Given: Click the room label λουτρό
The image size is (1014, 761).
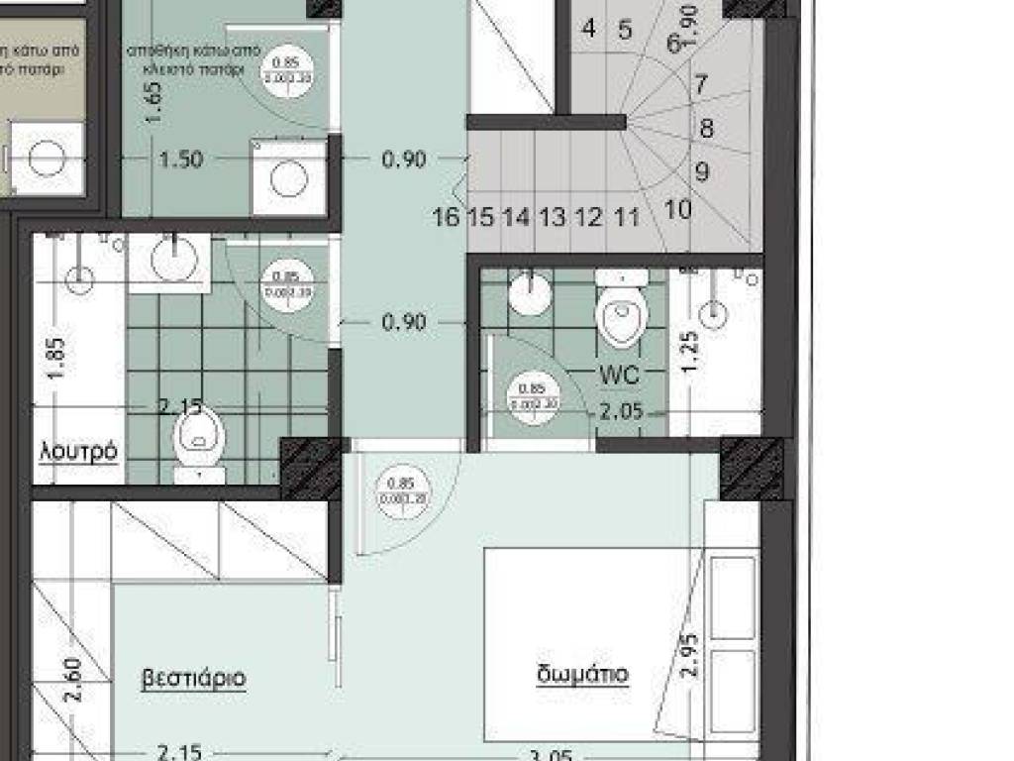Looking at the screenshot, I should [x=79, y=452].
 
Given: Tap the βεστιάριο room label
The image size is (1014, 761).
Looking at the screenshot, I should [x=194, y=679].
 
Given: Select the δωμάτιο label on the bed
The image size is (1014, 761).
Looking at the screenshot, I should [x=582, y=675].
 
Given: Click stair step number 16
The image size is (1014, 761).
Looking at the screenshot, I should [x=446, y=217].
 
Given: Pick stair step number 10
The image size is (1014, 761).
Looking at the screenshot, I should [x=678, y=209].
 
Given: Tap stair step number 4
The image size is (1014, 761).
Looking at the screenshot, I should [x=589, y=29].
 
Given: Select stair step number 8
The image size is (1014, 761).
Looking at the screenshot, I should [x=706, y=129].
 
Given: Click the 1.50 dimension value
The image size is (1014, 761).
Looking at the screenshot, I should [x=181, y=159].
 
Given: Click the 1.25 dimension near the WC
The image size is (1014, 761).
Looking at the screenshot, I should [x=691, y=350].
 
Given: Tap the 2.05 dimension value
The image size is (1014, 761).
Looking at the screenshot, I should [x=621, y=413].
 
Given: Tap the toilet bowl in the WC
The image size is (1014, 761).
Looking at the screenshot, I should [x=622, y=312].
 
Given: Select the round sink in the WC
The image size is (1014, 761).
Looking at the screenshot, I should [x=530, y=294].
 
